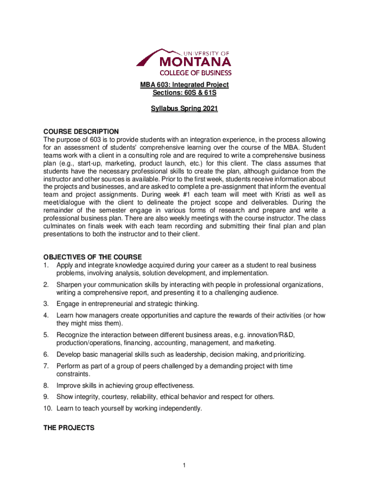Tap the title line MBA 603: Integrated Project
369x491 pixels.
click(x=184, y=85)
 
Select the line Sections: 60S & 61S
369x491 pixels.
click(x=184, y=93)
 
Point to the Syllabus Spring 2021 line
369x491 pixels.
click(x=184, y=109)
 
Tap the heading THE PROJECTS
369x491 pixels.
click(x=69, y=427)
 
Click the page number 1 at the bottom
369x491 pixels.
click(x=184, y=465)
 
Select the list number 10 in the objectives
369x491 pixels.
click(x=47, y=409)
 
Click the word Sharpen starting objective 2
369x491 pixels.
click(x=70, y=285)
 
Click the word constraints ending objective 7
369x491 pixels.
click(x=73, y=374)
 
